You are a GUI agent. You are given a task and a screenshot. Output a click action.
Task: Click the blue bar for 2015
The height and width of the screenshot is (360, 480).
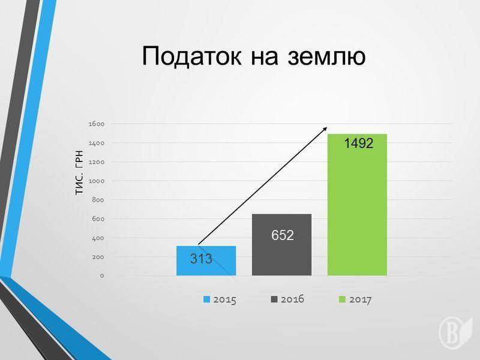point(206,261)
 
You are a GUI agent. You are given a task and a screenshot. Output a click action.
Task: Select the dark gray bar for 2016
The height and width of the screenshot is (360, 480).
point(281,245)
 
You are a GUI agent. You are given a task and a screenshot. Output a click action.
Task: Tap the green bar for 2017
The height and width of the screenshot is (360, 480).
point(357,205)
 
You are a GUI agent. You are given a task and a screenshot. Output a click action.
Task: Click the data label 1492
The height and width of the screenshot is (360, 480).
point(359,143)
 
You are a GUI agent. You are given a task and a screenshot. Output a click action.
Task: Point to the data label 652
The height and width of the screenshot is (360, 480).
point(283,235)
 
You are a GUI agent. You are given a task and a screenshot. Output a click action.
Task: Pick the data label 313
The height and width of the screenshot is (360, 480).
point(201,259)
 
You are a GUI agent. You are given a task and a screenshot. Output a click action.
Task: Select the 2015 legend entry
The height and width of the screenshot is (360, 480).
point(220,299)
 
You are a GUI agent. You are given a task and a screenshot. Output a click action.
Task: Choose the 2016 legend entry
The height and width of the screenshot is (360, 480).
point(287,299)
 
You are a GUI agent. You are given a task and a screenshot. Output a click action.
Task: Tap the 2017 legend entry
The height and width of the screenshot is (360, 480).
point(355,299)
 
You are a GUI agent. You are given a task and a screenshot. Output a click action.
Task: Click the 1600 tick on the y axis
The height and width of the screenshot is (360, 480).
point(97,124)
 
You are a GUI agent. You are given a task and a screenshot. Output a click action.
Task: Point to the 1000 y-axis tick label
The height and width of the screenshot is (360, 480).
point(97,181)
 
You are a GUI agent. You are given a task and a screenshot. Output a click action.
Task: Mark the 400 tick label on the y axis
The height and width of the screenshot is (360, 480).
point(98,238)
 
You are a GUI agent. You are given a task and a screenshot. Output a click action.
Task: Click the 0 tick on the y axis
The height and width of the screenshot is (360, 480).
point(102,276)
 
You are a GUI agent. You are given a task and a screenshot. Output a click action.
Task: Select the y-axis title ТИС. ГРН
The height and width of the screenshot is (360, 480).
point(79,172)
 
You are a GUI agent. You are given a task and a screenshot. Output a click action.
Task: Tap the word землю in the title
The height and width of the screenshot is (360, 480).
point(326,57)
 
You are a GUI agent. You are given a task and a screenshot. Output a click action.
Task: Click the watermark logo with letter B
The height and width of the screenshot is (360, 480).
point(455,332)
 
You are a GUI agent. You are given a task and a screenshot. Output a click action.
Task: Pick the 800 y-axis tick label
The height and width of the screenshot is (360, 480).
point(98,200)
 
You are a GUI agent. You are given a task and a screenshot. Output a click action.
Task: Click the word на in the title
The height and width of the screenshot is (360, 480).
point(265,58)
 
